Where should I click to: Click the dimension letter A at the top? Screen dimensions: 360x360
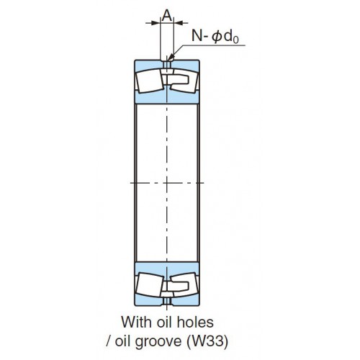pyautogui.click(x=167, y=16)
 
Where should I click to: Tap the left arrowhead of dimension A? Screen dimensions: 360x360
pyautogui.click(x=157, y=23)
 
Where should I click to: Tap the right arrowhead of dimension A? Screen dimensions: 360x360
pyautogui.click(x=177, y=23)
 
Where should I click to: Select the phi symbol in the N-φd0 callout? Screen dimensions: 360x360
pyautogui.click(x=217, y=37)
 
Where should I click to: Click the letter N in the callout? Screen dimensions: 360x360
pyautogui.click(x=197, y=36)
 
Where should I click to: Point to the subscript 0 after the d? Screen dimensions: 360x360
pyautogui.click(x=235, y=40)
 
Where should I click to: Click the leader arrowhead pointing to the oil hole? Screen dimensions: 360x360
pyautogui.click(x=171, y=57)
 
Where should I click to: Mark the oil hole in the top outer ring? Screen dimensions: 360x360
pyautogui.click(x=167, y=65)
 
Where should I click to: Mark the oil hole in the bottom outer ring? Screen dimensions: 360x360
pyautogui.click(x=167, y=301)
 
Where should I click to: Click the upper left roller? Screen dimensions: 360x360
pyautogui.click(x=149, y=81)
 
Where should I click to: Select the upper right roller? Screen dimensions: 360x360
pyautogui.click(x=184, y=81)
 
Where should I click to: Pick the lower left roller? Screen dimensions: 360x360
pyautogui.click(x=149, y=284)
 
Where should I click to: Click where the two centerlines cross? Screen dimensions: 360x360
pyautogui.click(x=167, y=183)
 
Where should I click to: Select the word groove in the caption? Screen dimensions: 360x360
pyautogui.click(x=158, y=342)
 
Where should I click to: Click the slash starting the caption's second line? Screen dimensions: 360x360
pyautogui.click(x=109, y=341)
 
